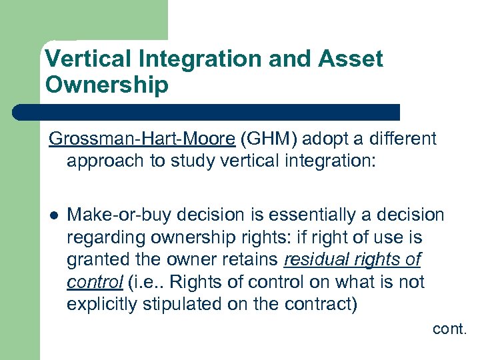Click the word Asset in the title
tap(351, 59)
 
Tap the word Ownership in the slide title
tap(106, 85)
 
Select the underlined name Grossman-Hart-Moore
tap(141, 139)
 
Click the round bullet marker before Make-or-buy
tap(53, 215)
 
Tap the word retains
tap(249, 260)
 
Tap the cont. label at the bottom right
tap(449, 328)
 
